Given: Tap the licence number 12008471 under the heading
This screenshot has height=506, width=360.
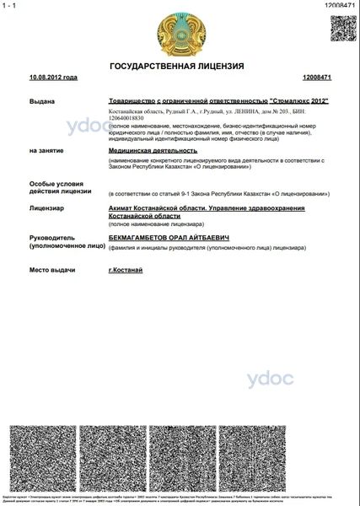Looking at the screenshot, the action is coord(314,78).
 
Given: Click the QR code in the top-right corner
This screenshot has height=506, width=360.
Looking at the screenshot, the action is coord(341,29).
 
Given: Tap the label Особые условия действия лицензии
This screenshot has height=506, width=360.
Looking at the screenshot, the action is coord(55,188).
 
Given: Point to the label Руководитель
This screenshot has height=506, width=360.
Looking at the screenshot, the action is coord(54,239).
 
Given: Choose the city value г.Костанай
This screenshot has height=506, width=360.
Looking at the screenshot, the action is coord(126,270).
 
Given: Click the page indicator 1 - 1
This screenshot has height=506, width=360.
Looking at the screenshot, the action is coord(11,5).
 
